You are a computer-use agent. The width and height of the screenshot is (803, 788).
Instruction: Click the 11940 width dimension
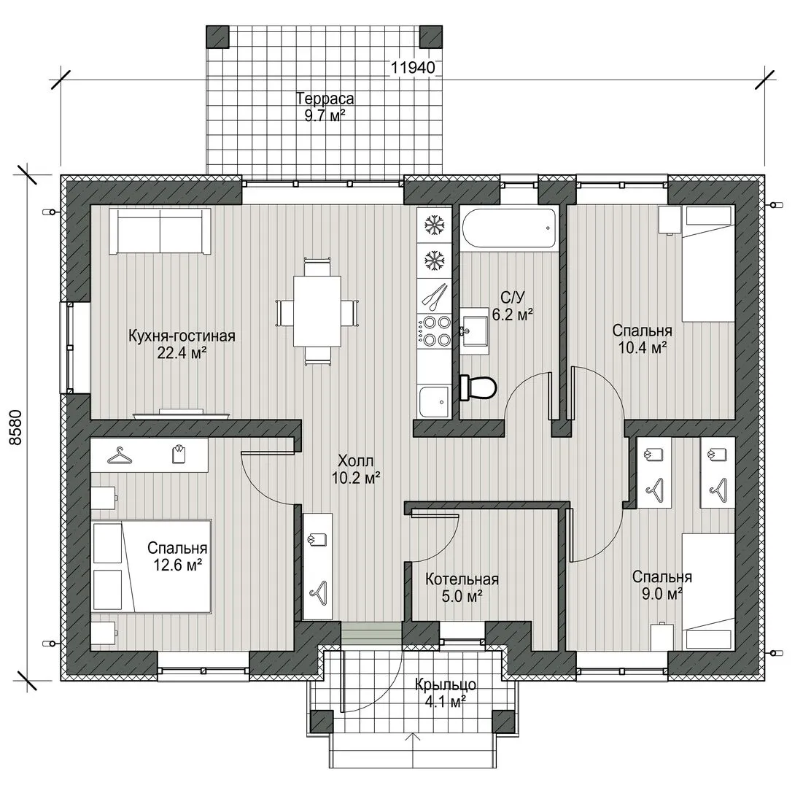tap(413, 68)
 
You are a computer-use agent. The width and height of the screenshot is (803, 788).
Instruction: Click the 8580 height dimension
tap(16, 428)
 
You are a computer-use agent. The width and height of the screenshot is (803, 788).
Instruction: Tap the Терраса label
tap(325, 98)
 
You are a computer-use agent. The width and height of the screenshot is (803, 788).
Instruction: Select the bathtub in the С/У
tap(508, 228)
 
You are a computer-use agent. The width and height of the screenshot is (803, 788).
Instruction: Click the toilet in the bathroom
tap(478, 387)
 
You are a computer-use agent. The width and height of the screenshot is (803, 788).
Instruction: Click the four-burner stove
tap(434, 331)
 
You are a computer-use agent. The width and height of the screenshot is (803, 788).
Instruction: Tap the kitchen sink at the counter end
tap(434, 401)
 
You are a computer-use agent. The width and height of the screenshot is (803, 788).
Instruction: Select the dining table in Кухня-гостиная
tap(317, 312)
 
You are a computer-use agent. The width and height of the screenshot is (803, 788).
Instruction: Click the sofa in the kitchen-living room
tap(160, 231)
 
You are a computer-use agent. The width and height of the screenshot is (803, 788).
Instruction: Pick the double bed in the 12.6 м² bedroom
tap(152, 566)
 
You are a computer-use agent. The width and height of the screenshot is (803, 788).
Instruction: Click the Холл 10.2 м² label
tap(355, 469)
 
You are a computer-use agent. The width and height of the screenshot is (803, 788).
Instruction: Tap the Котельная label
tap(462, 579)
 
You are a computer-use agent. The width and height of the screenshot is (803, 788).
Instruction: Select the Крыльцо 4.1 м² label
tap(445, 692)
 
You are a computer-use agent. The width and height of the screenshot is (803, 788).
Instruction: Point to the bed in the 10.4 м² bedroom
tap(708, 264)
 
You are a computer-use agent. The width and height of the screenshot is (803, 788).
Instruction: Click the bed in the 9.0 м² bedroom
tap(708, 592)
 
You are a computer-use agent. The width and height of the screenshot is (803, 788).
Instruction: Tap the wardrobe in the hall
tap(318, 566)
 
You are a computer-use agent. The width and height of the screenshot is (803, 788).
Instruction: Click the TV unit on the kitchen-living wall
tap(182, 414)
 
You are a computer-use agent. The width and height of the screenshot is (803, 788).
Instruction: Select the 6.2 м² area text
tap(513, 314)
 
